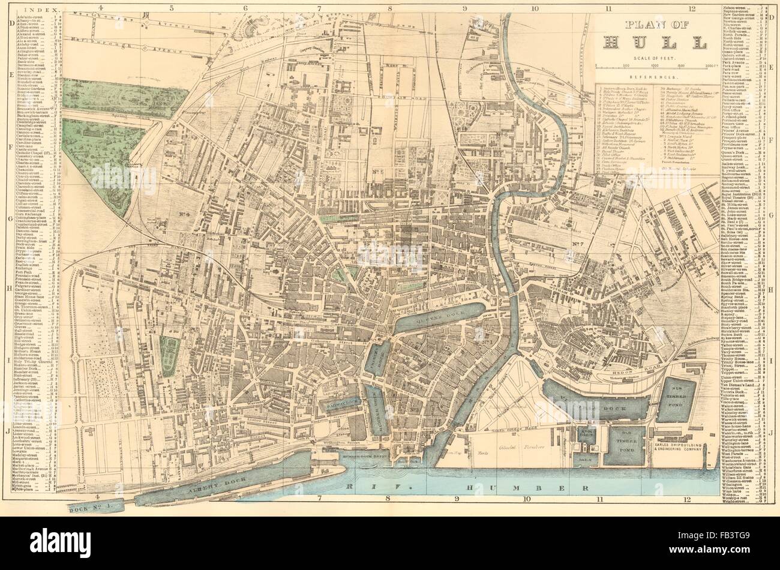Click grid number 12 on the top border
(x=692, y=9)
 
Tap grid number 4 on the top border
(x=100, y=8)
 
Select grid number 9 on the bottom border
(x=457, y=497)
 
